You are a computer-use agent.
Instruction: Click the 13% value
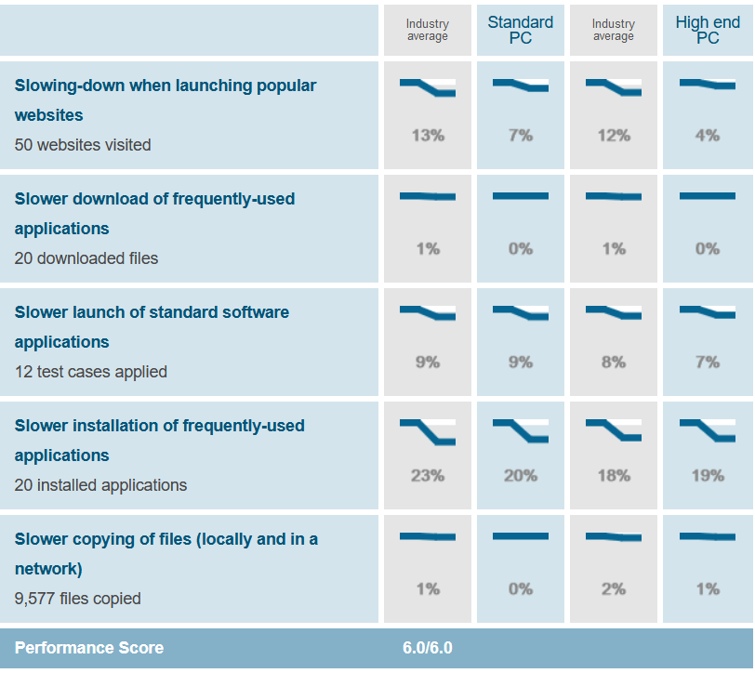(x=428, y=136)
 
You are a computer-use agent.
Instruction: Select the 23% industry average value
(x=428, y=476)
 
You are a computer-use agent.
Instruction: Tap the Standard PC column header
(x=521, y=30)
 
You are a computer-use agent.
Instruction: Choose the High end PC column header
(x=708, y=30)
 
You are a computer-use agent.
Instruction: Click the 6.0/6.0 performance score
(x=428, y=648)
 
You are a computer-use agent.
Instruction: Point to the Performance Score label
(x=89, y=648)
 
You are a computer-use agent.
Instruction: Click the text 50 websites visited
(x=83, y=145)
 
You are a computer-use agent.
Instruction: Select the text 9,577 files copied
(x=78, y=599)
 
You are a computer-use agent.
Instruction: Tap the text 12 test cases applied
(x=91, y=372)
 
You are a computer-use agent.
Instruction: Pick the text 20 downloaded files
(x=86, y=258)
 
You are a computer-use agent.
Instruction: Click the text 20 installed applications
(x=100, y=485)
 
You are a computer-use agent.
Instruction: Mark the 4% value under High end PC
(x=708, y=136)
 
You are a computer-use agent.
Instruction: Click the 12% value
(x=614, y=136)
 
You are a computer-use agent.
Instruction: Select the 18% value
(x=614, y=476)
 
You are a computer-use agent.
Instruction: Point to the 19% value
(x=708, y=476)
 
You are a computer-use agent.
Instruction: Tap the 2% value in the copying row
(x=614, y=589)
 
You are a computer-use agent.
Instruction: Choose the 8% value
(x=614, y=363)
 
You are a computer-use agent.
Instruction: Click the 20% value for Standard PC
(x=521, y=476)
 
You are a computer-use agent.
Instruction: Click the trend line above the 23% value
(x=428, y=431)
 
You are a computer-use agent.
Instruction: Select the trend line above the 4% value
(x=708, y=85)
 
